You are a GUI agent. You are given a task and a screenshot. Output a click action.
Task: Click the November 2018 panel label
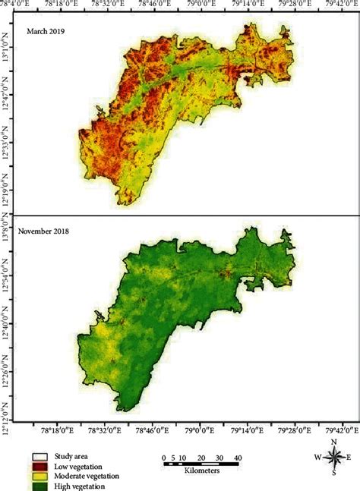pos(52,227)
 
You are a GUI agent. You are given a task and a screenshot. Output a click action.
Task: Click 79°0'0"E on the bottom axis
pos(200,430)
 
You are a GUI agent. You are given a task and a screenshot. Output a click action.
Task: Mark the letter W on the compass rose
pos(317,457)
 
